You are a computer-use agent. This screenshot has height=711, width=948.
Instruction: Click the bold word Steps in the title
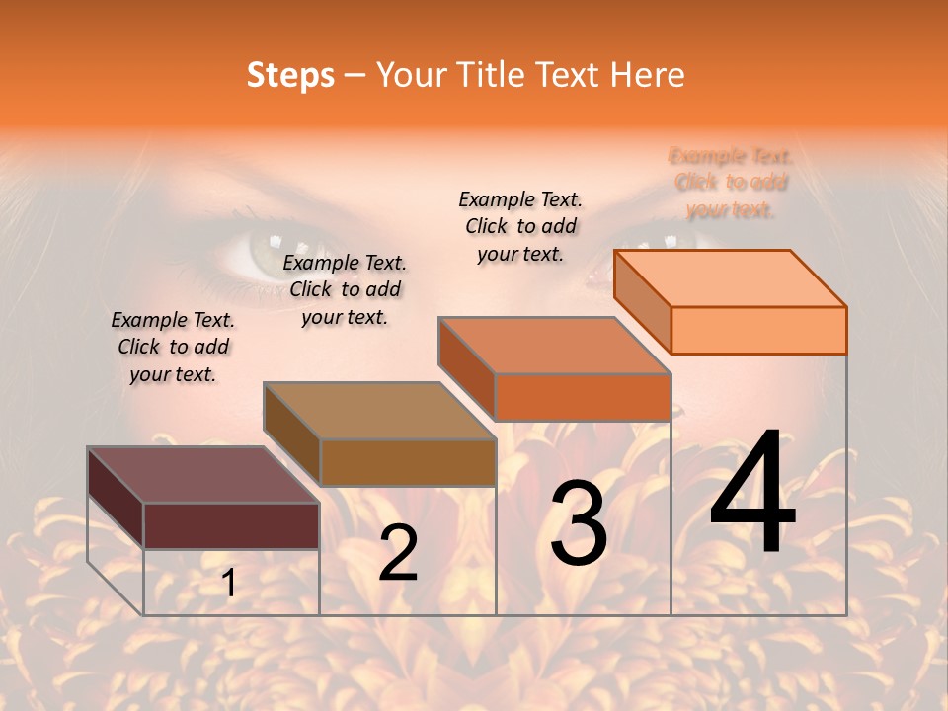(289, 75)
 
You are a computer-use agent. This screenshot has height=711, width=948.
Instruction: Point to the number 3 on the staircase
(578, 523)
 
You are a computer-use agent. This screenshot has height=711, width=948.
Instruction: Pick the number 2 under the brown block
(398, 553)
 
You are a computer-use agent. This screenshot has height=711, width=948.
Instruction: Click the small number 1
(229, 584)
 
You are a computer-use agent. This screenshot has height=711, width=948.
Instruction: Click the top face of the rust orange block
(554, 346)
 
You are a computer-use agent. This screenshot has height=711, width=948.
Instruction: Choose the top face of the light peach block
(730, 277)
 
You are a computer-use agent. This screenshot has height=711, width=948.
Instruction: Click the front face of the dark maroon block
(231, 525)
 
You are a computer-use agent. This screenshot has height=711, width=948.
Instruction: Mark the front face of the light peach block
(758, 330)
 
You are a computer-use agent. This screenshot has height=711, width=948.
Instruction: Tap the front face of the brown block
(407, 462)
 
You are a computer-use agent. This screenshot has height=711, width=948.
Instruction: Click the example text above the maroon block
(173, 347)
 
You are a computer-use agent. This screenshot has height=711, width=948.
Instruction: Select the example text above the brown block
(345, 289)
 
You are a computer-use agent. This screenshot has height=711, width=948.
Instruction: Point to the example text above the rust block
(520, 226)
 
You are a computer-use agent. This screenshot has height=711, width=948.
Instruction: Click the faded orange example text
(731, 183)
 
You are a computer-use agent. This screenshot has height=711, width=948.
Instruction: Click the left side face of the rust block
(466, 367)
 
